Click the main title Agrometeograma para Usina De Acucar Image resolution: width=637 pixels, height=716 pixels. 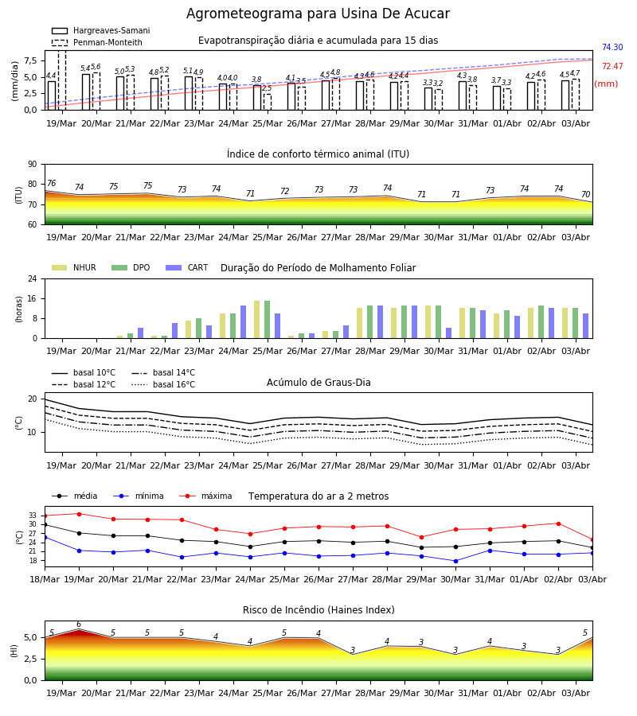point(318,14)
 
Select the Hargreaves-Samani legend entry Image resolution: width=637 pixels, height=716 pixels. point(101,30)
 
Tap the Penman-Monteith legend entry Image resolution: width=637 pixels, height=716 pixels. point(97,42)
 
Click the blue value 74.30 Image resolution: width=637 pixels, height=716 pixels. point(612,47)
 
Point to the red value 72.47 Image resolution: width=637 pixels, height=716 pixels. point(612,66)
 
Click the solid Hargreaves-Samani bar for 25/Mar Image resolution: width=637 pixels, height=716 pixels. point(257,97)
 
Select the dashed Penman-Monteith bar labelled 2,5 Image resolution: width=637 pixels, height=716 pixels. point(268,102)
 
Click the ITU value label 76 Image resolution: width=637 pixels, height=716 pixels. point(51,183)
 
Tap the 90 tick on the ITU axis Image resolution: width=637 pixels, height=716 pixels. point(33,165)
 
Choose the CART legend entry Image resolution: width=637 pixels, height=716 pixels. point(187,267)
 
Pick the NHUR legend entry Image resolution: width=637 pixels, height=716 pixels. point(74,267)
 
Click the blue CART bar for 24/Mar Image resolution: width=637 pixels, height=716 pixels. point(244,322)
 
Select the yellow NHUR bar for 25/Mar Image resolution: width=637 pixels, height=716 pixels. point(257,320)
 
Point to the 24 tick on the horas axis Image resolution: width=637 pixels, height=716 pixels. point(33,278)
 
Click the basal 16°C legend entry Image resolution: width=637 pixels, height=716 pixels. point(163,384)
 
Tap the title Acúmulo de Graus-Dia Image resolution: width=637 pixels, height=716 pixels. point(318,382)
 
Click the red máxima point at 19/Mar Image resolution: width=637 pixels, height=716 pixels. point(79,514)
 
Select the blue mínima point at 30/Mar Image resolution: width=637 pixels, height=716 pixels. point(455,561)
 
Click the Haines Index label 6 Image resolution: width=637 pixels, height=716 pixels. point(79,625)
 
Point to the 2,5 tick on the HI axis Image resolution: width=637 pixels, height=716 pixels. point(31,659)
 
